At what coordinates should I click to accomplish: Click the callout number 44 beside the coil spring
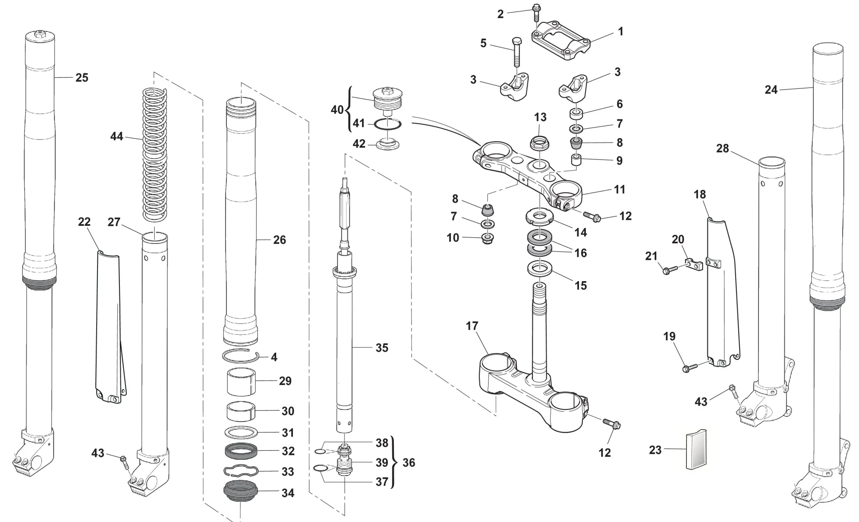coord(116,137)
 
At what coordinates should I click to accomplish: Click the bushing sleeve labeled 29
coord(241,381)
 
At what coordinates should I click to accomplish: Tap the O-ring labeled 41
coord(388,124)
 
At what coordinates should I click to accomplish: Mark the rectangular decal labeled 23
coord(696,449)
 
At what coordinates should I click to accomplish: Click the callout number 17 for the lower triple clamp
coord(472,326)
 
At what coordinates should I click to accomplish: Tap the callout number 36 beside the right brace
coord(408,463)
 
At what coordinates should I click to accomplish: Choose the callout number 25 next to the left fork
coord(82,78)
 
